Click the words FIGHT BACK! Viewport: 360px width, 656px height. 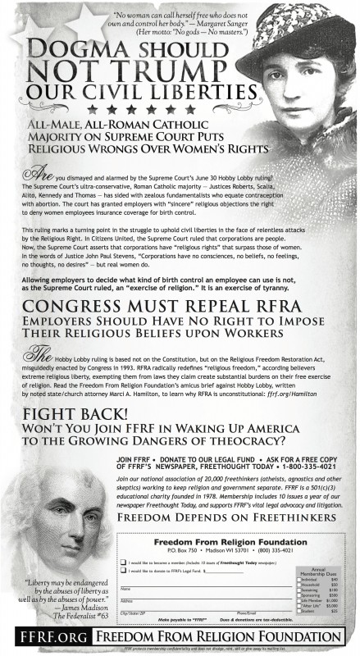point(66,413)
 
